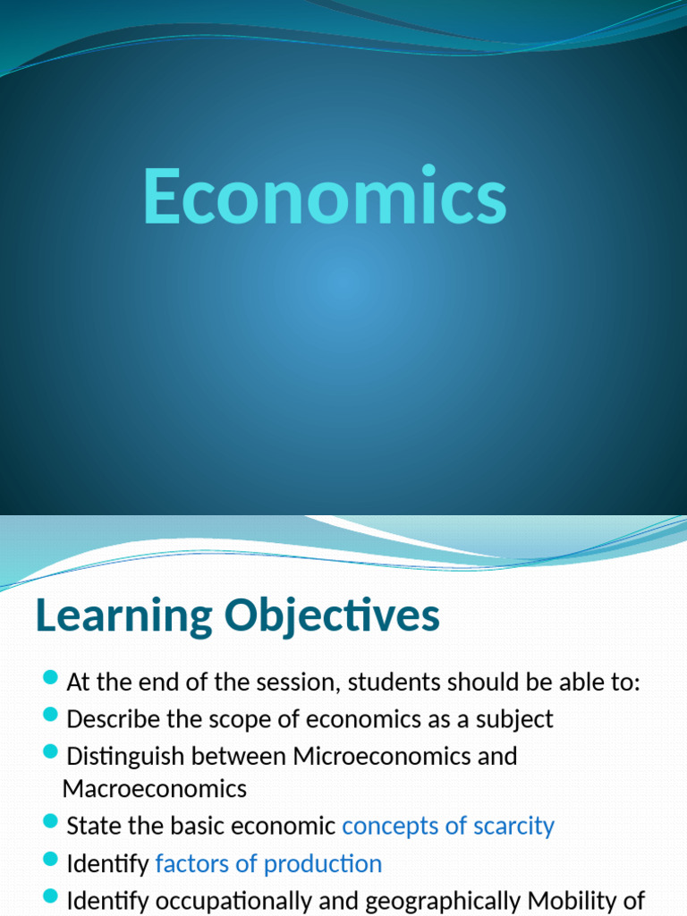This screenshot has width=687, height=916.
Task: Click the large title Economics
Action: (x=325, y=197)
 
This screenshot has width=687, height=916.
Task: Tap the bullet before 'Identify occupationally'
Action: (x=50, y=895)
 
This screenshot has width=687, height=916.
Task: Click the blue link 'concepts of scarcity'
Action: (x=448, y=826)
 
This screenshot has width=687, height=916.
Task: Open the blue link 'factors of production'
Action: (x=268, y=864)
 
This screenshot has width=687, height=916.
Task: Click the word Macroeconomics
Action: (x=155, y=789)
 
